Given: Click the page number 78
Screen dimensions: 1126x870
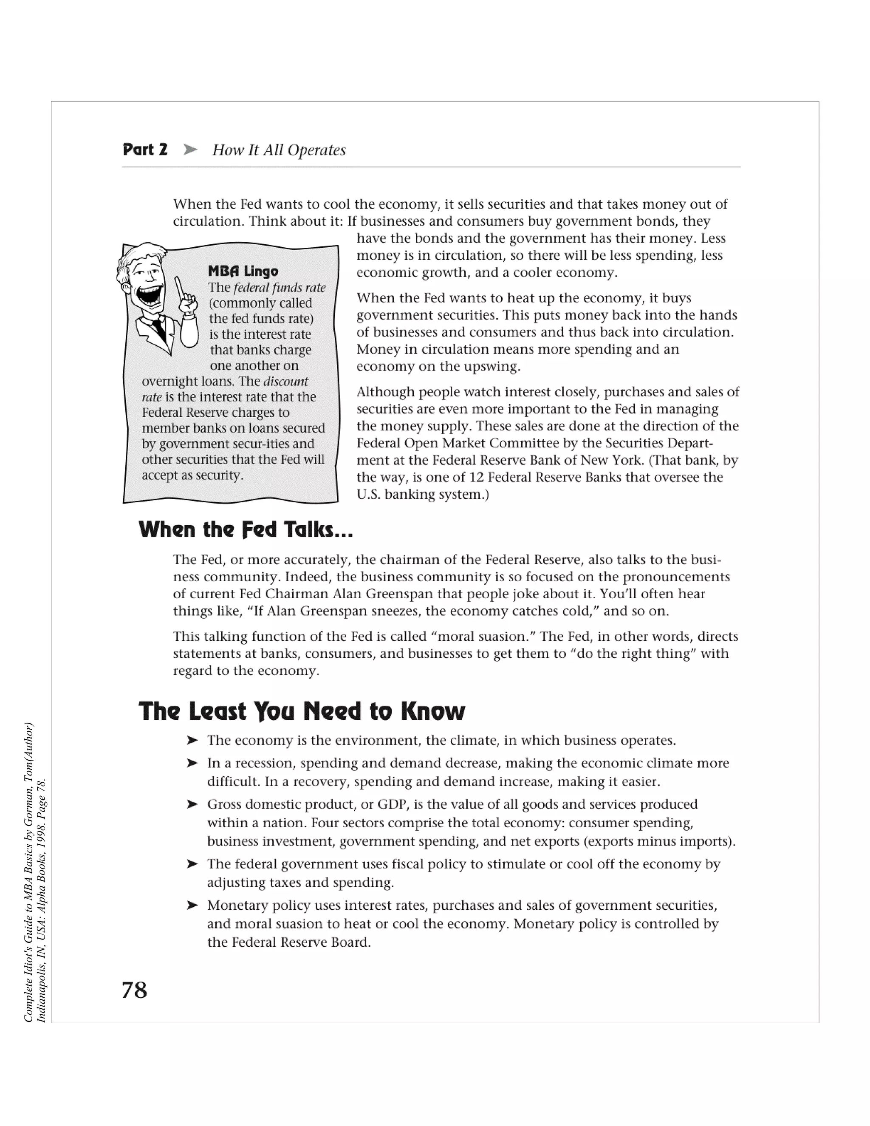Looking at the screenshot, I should tap(135, 990).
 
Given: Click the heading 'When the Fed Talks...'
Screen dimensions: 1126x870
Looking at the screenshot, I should tap(246, 529).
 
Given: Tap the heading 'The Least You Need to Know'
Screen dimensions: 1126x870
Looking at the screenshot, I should tap(302, 711).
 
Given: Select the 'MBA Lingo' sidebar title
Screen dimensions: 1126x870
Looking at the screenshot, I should tap(243, 271).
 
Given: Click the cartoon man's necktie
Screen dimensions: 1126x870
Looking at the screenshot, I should tap(161, 330).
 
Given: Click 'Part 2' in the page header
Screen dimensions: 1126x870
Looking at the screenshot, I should tap(145, 150).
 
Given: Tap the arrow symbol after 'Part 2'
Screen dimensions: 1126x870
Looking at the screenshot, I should tap(190, 150).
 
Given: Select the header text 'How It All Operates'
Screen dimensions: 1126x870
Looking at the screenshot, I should tap(279, 150).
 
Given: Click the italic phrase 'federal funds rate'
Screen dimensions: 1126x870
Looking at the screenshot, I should tap(280, 287).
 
